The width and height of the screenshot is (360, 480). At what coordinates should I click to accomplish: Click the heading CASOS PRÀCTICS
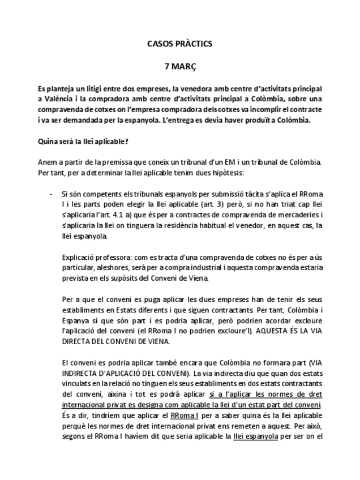click(x=179, y=43)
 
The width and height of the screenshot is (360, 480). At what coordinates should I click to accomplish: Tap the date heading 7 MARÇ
click(x=179, y=66)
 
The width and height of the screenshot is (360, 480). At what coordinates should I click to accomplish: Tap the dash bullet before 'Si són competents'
click(x=53, y=194)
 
